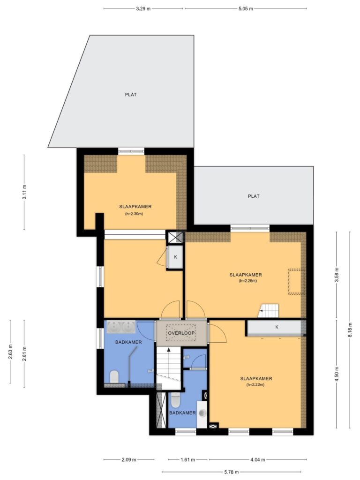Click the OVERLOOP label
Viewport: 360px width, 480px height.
[181, 333]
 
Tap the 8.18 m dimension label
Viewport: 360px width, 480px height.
[350, 330]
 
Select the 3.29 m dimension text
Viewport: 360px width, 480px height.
[143, 8]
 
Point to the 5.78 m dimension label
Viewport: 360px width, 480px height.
[231, 472]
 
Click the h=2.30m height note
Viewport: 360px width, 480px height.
[134, 214]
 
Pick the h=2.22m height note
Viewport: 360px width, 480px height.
[255, 385]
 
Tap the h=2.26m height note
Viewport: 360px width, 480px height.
[247, 281]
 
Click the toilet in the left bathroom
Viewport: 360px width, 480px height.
[114, 376]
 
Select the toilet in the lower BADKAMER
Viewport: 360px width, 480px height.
[175, 400]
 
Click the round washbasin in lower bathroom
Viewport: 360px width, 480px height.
[202, 413]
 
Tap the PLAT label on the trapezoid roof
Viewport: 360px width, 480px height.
[131, 95]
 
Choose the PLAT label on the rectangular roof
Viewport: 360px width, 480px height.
[254, 196]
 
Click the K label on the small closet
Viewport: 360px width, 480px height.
[175, 257]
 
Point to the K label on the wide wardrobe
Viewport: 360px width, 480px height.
[277, 327]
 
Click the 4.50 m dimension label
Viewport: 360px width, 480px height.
[337, 374]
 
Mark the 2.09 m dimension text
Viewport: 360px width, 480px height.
[129, 459]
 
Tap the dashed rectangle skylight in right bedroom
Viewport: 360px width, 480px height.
[296, 282]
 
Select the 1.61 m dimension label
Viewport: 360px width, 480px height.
[187, 459]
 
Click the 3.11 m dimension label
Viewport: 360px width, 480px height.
[24, 192]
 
